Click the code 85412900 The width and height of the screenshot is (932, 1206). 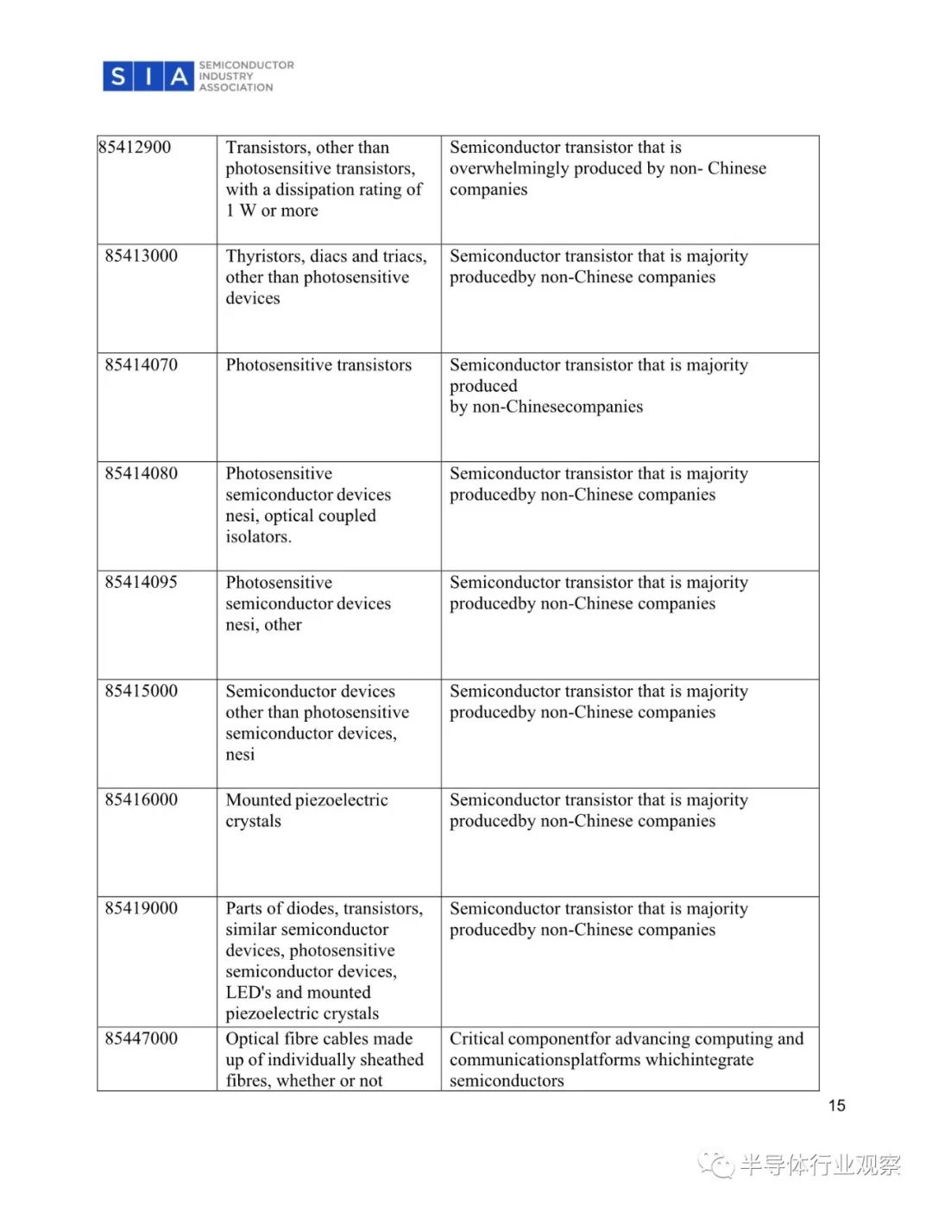tap(135, 148)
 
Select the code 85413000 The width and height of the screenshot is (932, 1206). tap(142, 256)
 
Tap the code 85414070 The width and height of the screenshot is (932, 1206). tap(142, 365)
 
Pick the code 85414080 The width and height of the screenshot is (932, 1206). tap(142, 474)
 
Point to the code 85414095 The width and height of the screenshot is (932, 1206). tap(142, 583)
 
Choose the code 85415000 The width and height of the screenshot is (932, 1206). tap(142, 691)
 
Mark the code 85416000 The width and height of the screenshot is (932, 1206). tap(142, 800)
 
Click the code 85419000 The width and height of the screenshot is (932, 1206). tap(142, 909)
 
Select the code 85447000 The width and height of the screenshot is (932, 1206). tap(142, 1039)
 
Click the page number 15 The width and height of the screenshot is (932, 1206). tap(836, 1106)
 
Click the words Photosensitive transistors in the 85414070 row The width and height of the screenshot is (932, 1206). tap(318, 365)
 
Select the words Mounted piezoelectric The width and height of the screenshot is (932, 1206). tap(306, 800)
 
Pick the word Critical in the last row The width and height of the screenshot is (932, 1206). tap(477, 1039)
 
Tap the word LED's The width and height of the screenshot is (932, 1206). tap(249, 993)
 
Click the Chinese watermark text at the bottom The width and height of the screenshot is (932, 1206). tap(819, 1166)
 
